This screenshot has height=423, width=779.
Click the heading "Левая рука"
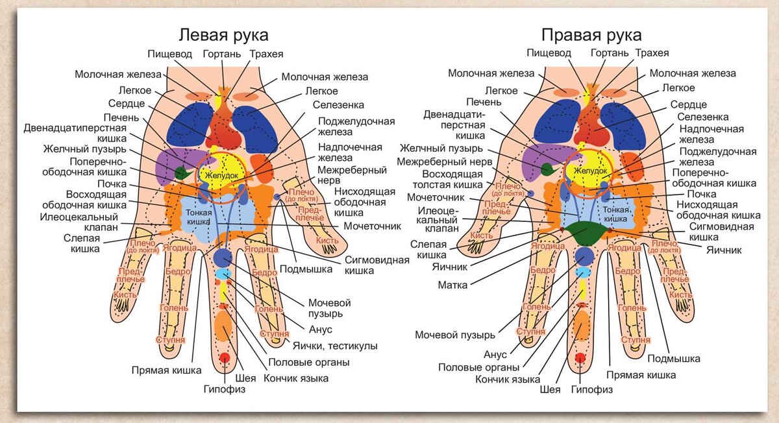(x=223, y=34)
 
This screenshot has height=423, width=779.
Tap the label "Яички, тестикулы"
(x=335, y=346)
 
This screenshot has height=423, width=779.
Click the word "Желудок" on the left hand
(x=222, y=176)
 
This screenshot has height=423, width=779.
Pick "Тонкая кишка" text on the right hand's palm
(x=617, y=215)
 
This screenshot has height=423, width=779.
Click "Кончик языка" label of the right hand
(x=508, y=379)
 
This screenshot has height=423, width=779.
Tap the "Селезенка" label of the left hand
(x=338, y=104)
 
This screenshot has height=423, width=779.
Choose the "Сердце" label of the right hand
(x=688, y=104)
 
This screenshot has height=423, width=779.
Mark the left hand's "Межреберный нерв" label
(x=352, y=176)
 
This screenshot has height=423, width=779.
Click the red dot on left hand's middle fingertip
(x=225, y=357)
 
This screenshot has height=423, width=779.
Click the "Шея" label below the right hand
(x=550, y=390)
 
